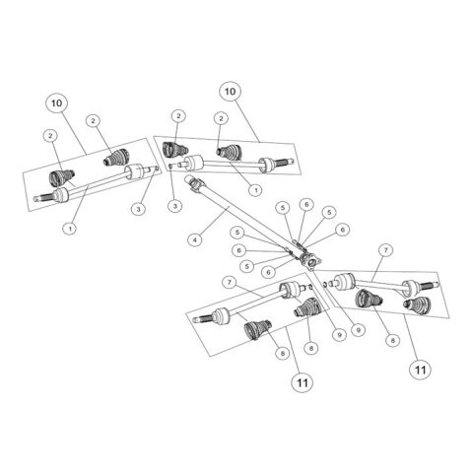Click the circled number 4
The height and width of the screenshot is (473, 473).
195,239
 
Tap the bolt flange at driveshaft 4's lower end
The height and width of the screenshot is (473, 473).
309,262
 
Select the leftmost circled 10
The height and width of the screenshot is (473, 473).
56,103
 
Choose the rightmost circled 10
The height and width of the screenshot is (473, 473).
230,91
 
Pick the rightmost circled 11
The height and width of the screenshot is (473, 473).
421,370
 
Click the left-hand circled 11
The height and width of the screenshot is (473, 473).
303,382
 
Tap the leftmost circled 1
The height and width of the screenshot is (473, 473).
70,228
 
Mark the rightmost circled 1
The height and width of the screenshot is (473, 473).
255,189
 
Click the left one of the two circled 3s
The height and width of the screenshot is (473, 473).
139,208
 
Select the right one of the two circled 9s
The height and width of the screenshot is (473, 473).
358,329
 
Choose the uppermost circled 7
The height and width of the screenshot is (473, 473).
385,250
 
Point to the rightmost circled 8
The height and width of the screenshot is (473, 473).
392,341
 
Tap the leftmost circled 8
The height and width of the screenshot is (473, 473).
283,353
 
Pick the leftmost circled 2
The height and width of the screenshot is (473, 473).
50,135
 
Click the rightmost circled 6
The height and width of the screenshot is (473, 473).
343,230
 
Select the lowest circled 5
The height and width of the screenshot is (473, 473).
247,266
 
